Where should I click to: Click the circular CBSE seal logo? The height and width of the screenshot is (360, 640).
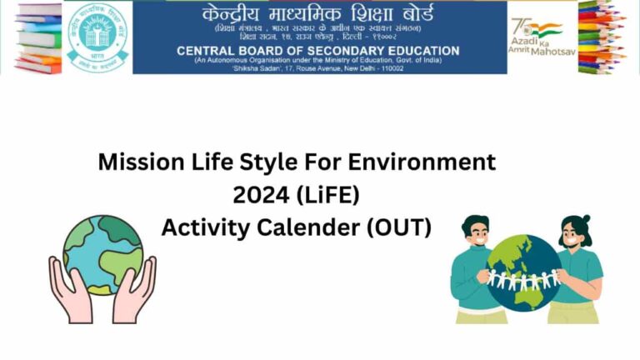(98, 37)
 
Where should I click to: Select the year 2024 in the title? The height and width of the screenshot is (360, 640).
(259, 195)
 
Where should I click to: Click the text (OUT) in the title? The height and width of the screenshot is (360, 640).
(399, 227)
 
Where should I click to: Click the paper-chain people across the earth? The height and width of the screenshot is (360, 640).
(524, 278)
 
